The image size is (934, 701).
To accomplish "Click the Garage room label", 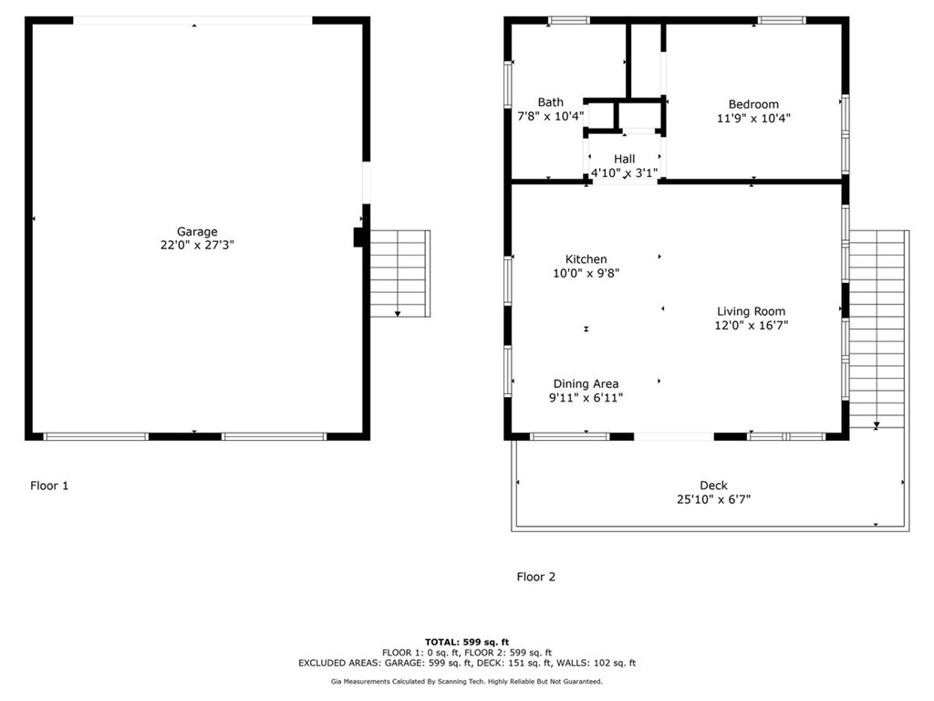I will (x=197, y=232).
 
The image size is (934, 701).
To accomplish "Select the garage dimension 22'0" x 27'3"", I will (x=197, y=245).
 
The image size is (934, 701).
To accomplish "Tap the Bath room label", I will (x=550, y=102).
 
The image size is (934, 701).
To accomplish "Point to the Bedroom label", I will (x=753, y=104).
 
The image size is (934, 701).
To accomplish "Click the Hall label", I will (x=624, y=159).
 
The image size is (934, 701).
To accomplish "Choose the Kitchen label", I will (x=586, y=259).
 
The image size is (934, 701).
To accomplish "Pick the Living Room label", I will (x=751, y=311).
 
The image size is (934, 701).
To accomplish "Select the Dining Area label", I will (x=586, y=383).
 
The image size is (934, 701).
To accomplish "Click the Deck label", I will (x=713, y=486).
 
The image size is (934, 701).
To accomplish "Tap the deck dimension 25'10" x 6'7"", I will (x=713, y=499).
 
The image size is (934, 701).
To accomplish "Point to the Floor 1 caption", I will (x=49, y=486).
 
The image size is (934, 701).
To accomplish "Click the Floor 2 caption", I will (x=535, y=576).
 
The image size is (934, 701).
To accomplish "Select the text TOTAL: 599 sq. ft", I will (x=466, y=642).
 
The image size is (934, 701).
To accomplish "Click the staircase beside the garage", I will (x=399, y=273).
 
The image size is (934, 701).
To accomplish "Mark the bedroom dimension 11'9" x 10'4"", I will (x=753, y=118).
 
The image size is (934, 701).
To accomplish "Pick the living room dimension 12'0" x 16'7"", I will (x=751, y=325).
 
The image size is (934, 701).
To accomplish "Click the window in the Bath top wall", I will (x=568, y=20).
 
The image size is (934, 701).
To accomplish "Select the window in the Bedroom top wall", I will (x=782, y=20).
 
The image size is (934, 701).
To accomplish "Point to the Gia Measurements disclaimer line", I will (x=466, y=681).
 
